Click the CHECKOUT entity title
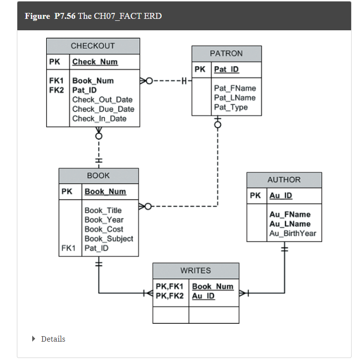[93, 46]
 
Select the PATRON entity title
[226, 53]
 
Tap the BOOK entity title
[98, 175]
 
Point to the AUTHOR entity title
[284, 180]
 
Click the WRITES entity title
[195, 271]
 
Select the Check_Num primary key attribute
[95, 62]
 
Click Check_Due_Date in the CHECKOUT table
[103, 109]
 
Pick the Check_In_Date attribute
[99, 119]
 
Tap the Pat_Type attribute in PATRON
[231, 107]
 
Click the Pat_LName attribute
[235, 98]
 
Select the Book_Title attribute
[103, 211]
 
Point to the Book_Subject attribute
[109, 239]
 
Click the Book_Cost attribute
[104, 229]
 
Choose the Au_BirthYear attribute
[293, 233]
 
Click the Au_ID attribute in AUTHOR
[281, 196]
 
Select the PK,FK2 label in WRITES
[169, 296]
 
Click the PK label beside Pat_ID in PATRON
[200, 70]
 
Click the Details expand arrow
[34, 339]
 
